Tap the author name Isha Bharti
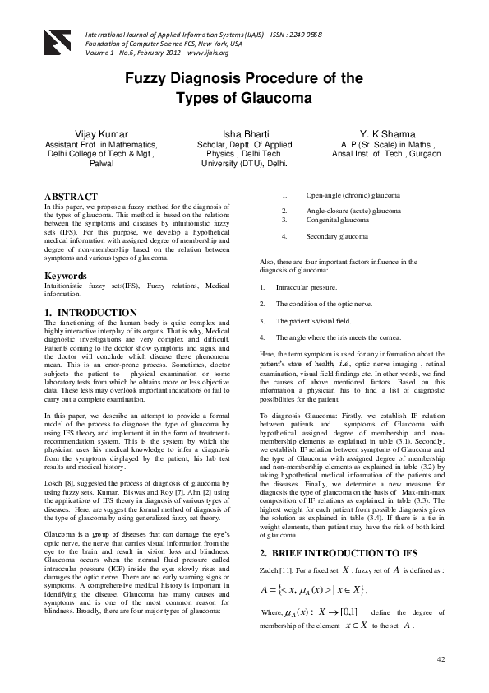click(243, 133)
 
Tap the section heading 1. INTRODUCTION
click(90, 314)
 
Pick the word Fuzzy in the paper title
click(146, 80)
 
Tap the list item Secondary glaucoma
click(337, 236)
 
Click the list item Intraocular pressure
click(307, 288)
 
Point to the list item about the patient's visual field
click(313, 320)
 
